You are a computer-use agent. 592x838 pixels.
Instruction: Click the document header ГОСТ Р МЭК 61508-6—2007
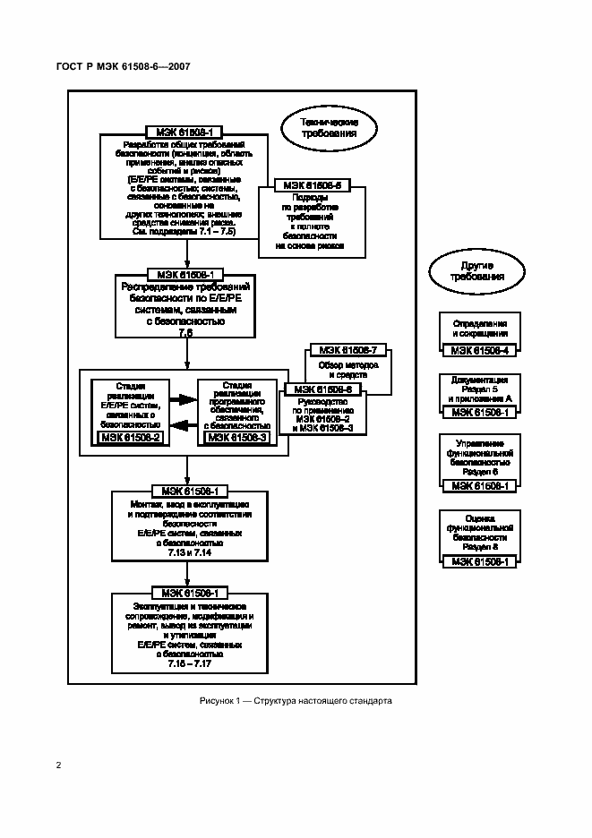pyautogui.click(x=128, y=67)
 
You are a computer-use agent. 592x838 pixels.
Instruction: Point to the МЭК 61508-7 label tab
pyautogui.click(x=348, y=349)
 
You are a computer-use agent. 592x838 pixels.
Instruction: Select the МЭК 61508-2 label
pyautogui.click(x=132, y=437)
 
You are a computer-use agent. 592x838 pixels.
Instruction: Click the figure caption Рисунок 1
pyautogui.click(x=296, y=701)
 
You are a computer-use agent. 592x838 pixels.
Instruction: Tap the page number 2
pyautogui.click(x=58, y=765)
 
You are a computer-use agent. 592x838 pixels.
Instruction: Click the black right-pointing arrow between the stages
pyautogui.click(x=184, y=400)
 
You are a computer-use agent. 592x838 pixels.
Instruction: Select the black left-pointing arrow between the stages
pyautogui.click(x=184, y=424)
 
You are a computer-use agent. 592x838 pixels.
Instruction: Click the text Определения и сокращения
pyautogui.click(x=480, y=328)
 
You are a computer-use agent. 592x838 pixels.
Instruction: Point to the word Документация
pyautogui.click(x=480, y=380)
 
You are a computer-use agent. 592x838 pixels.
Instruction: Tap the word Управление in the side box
pyautogui.click(x=480, y=443)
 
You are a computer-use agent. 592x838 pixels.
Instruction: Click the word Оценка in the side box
pyautogui.click(x=480, y=518)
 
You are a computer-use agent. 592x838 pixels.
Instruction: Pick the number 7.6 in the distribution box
pyautogui.click(x=186, y=332)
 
